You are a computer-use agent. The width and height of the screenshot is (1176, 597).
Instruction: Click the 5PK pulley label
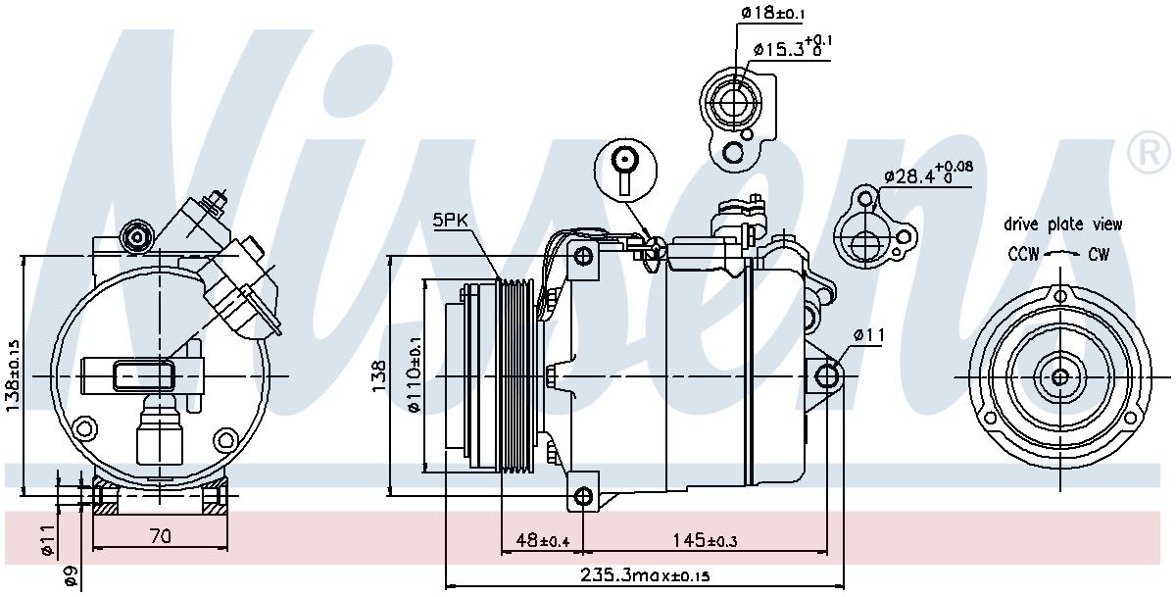(450, 220)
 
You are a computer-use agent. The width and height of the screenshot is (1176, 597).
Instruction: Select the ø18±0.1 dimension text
(772, 12)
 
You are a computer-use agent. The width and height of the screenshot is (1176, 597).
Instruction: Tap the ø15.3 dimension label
(793, 47)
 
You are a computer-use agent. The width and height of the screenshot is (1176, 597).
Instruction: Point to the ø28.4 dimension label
(928, 174)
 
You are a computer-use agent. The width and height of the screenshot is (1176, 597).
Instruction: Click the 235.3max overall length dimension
(645, 575)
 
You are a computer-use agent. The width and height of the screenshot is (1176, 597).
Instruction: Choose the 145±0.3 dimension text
(705, 540)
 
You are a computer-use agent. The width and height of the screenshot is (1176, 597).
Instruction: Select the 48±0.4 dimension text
(543, 540)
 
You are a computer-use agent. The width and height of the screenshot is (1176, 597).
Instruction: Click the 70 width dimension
(161, 536)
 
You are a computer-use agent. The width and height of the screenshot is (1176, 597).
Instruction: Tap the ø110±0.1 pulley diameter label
(414, 374)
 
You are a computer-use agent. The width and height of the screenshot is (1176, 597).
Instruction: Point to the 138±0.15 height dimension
(13, 375)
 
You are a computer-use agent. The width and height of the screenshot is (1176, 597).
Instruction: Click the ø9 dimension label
(72, 576)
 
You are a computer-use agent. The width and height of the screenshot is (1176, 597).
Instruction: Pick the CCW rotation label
(1023, 254)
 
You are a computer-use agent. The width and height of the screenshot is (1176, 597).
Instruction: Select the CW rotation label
(1099, 254)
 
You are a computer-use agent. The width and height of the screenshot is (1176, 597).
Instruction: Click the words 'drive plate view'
(1062, 224)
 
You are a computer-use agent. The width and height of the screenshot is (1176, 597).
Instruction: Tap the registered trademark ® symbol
(1150, 152)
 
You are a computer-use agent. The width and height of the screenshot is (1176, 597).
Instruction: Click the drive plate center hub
(1060, 377)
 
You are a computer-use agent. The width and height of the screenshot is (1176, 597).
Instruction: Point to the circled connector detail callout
(625, 169)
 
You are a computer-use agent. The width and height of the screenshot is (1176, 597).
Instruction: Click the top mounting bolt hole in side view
(583, 256)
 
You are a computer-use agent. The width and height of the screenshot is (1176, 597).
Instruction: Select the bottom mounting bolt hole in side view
(583, 496)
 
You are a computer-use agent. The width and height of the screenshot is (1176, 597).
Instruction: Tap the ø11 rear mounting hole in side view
(826, 376)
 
